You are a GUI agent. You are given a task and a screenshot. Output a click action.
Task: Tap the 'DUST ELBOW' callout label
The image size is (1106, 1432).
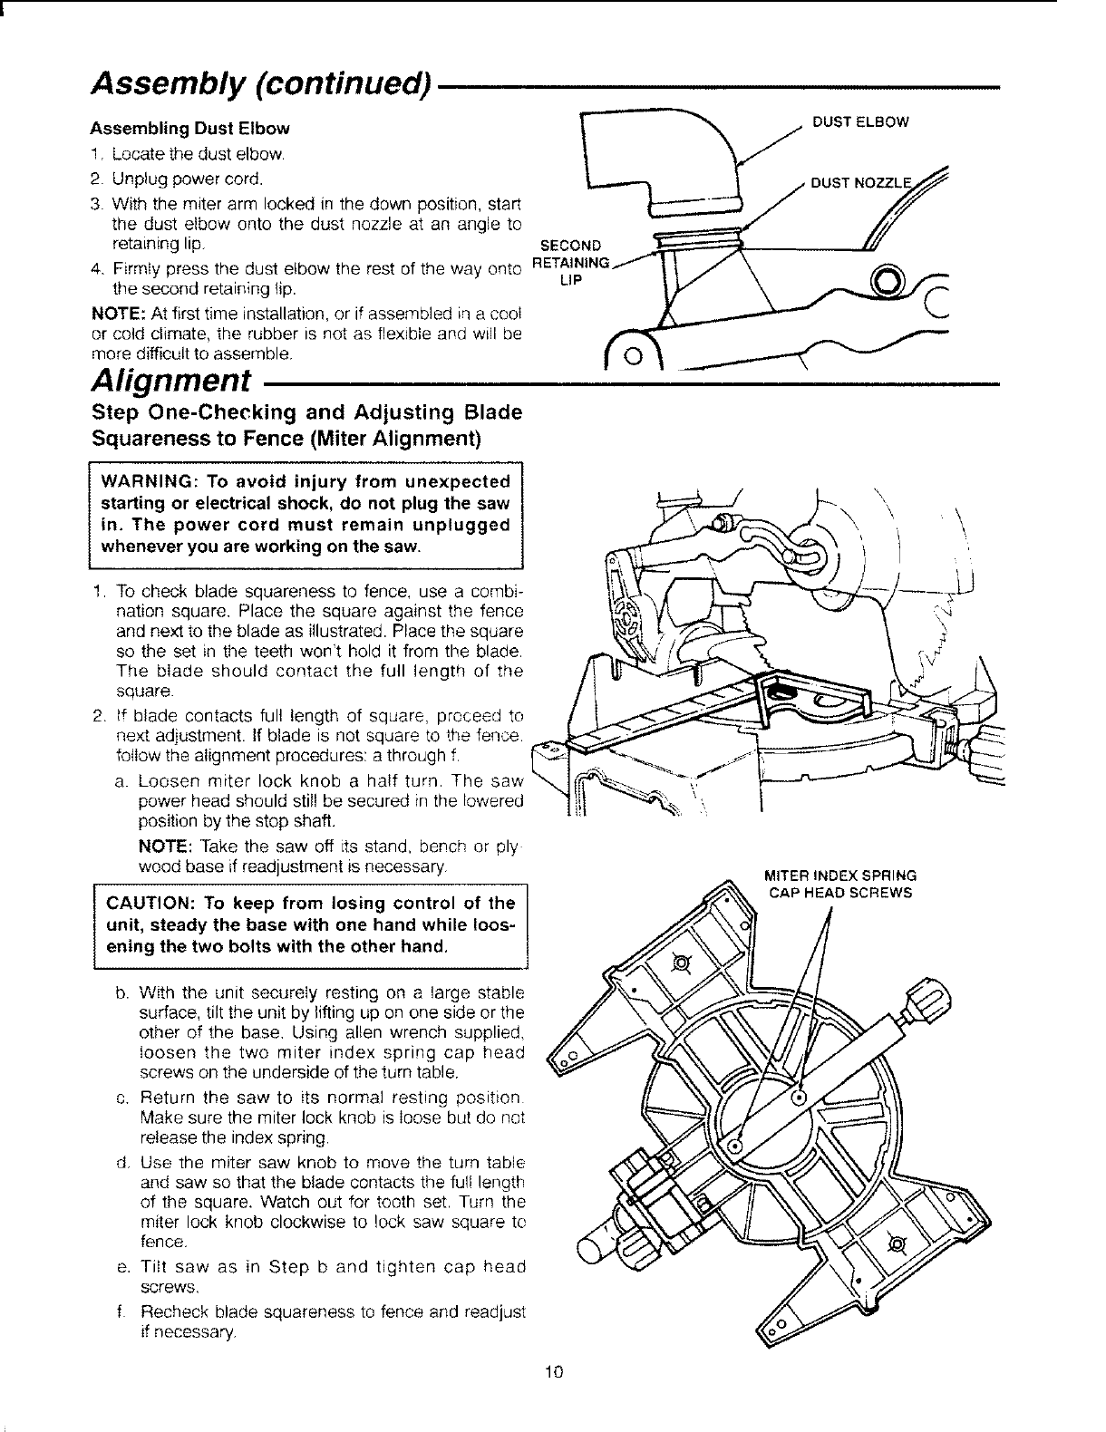(859, 121)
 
